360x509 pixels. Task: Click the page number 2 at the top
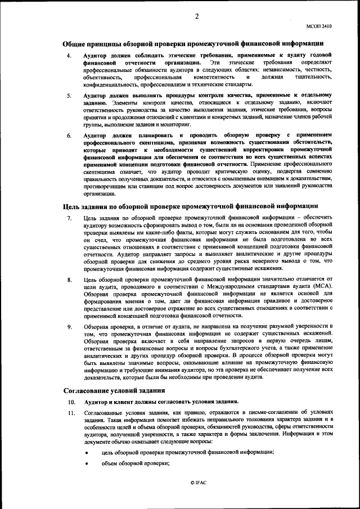197,16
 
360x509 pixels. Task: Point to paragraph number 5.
69,96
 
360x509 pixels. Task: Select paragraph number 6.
69,136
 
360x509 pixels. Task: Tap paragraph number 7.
69,218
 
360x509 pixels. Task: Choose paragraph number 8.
69,280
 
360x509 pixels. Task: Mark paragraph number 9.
69,326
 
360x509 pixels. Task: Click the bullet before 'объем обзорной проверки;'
87,464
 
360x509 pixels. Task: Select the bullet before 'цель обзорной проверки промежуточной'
87,453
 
